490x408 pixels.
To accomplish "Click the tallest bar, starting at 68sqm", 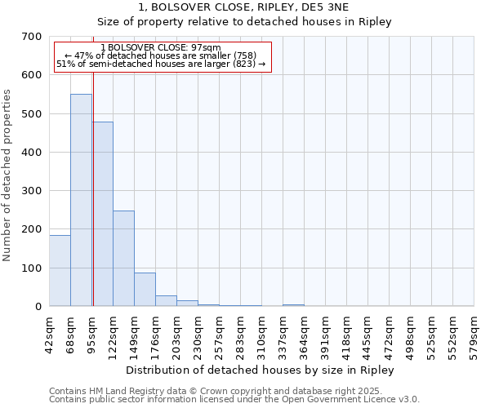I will point(81,200).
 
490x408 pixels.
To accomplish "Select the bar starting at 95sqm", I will point(103,214).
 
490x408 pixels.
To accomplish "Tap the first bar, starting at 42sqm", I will point(60,270).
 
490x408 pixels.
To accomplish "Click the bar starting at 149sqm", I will point(145,289).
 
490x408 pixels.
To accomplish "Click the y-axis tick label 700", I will point(32,37).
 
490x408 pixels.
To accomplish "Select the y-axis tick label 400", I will point(32,153).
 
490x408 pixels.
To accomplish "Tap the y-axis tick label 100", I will point(32,268).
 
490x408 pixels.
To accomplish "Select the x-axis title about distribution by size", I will point(261,370).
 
